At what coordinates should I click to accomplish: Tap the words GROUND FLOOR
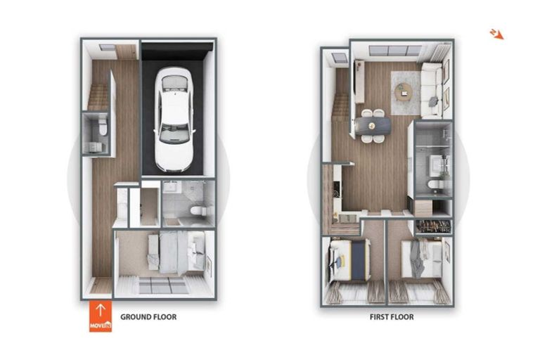coord(148,317)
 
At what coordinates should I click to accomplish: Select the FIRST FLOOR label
coord(392,317)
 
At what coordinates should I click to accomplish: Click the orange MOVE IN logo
coord(100,316)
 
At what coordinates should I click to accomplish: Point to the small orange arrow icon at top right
coord(496,33)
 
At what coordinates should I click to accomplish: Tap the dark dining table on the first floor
coord(373,125)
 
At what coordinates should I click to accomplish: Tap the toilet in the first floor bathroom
coord(434,186)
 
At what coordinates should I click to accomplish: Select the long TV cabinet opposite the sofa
coord(359,81)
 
